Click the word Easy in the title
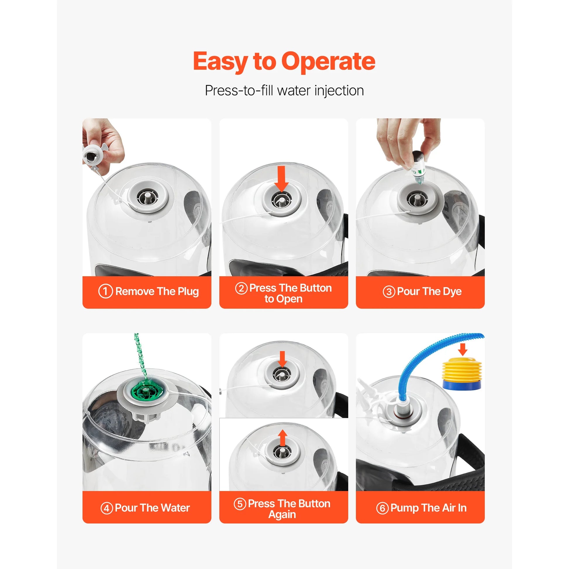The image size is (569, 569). [220, 62]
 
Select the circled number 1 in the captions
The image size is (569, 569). [106, 291]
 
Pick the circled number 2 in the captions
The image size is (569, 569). [241, 288]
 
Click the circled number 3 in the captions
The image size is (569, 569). [389, 292]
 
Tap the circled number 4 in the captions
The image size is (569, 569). [107, 508]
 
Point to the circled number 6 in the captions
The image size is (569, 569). [382, 508]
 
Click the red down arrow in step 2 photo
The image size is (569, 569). [282, 179]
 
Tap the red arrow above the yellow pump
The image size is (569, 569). [463, 349]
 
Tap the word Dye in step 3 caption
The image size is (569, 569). [452, 292]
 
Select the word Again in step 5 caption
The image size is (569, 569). [282, 515]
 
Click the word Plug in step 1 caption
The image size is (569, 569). [188, 292]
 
